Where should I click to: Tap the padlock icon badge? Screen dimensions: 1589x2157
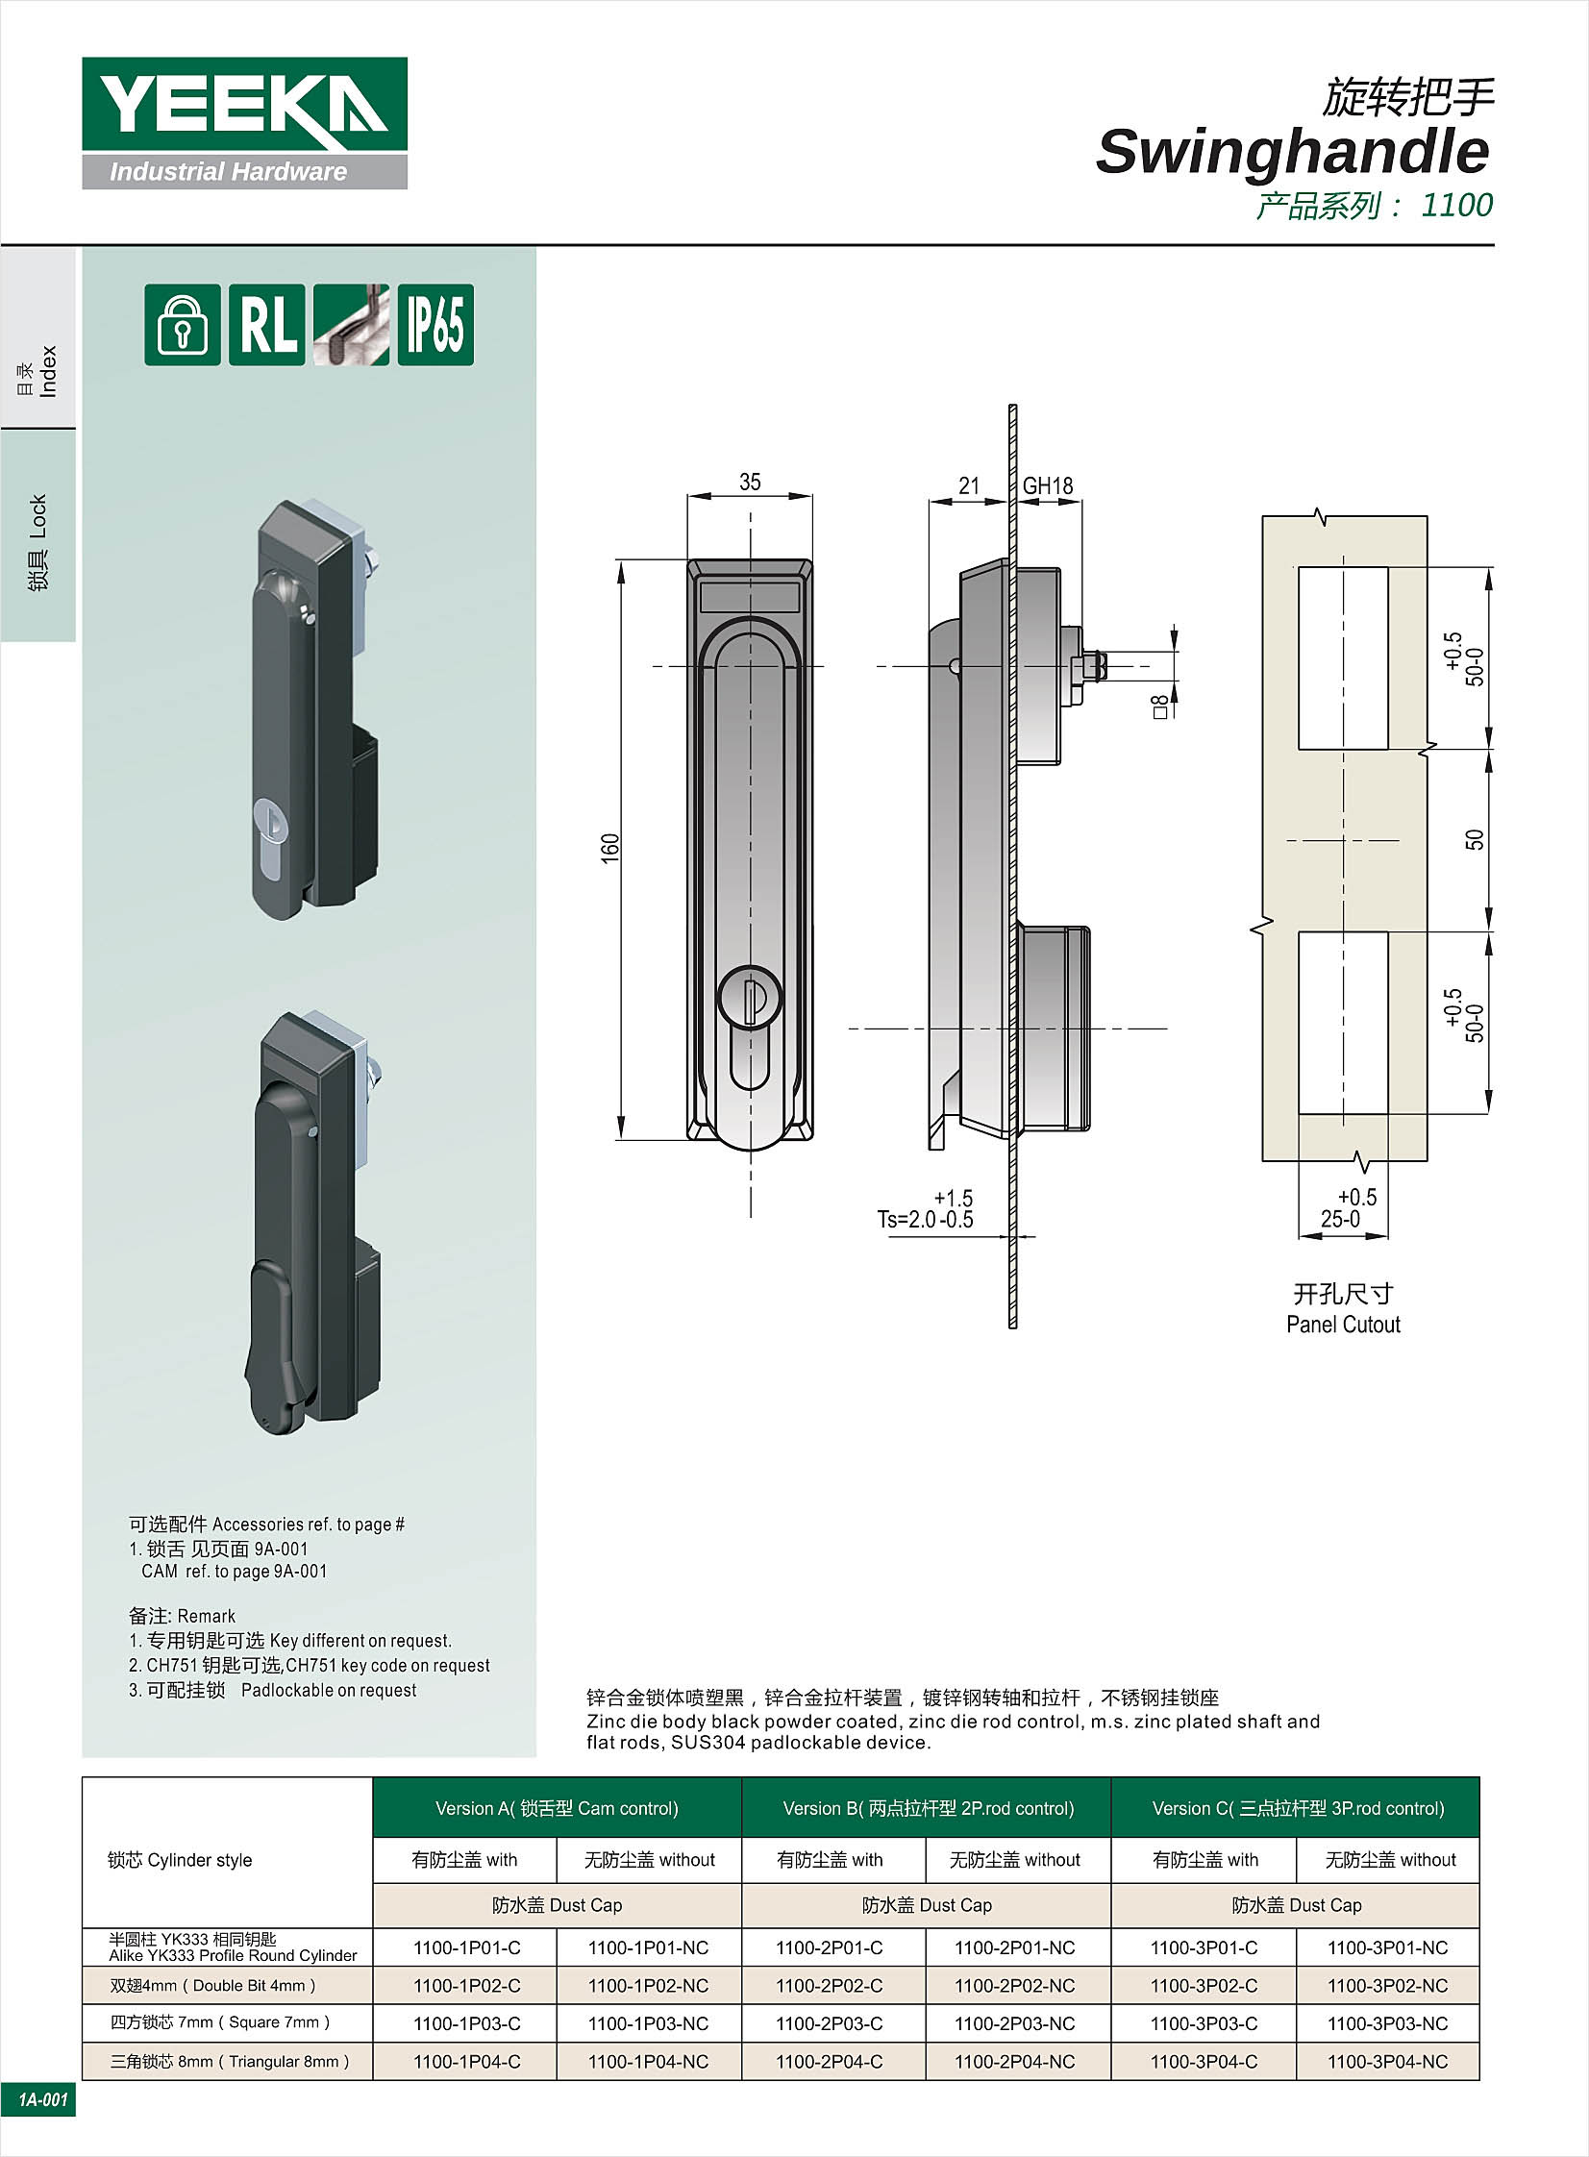[x=183, y=325]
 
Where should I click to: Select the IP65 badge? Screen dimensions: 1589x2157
[x=435, y=325]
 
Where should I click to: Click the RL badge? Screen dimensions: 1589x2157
[x=267, y=325]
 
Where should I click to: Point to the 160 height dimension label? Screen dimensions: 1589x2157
[x=610, y=847]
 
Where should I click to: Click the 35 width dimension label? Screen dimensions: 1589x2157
[x=749, y=482]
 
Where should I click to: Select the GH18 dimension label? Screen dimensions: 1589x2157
[x=1048, y=486]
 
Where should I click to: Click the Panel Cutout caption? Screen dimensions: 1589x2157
[x=1343, y=1325]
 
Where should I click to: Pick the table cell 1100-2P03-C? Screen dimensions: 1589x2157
[x=830, y=2023]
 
